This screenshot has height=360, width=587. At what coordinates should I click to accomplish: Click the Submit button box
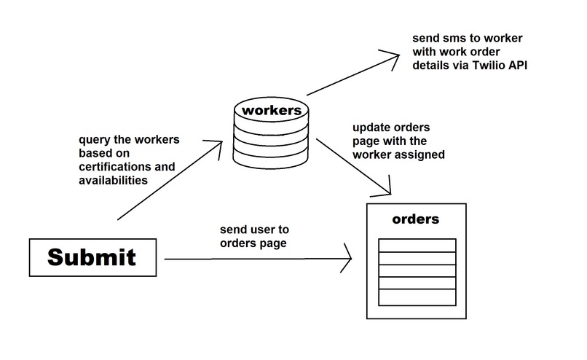pos(92,257)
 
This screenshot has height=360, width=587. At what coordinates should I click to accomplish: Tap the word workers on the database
pos(270,111)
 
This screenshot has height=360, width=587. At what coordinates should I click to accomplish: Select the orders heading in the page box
pos(415,219)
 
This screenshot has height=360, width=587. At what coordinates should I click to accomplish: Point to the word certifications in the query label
pos(117,166)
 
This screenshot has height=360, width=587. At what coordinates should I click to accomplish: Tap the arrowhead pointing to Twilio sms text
pos(394,54)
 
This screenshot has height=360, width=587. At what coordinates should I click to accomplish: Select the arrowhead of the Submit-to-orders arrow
pos(348,259)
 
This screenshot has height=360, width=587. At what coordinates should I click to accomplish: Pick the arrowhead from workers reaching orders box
pos(387,192)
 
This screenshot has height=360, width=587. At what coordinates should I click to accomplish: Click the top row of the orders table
pos(417,245)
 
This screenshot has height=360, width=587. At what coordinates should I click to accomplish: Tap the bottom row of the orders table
pos(417,298)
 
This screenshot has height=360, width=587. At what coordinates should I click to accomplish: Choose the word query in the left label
pos(95,138)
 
